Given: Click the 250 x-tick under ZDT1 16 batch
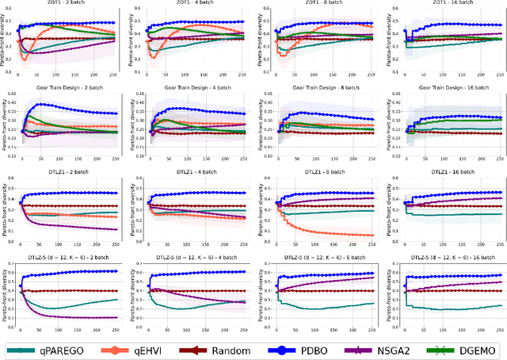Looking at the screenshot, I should click(x=497, y=77).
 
